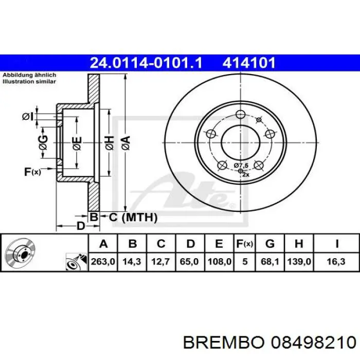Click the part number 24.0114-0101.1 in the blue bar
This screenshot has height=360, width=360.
click(146, 63)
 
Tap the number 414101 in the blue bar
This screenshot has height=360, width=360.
click(248, 63)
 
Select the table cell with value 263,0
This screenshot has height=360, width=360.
click(103, 262)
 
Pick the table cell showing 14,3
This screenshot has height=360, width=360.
click(132, 262)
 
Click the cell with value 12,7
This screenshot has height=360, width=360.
click(160, 262)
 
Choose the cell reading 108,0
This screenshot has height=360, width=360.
click(219, 262)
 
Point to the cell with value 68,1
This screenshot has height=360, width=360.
click(270, 262)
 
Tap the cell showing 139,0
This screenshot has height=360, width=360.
click(299, 262)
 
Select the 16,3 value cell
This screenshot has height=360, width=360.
click(336, 262)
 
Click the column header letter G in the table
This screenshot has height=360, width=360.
click(270, 243)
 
